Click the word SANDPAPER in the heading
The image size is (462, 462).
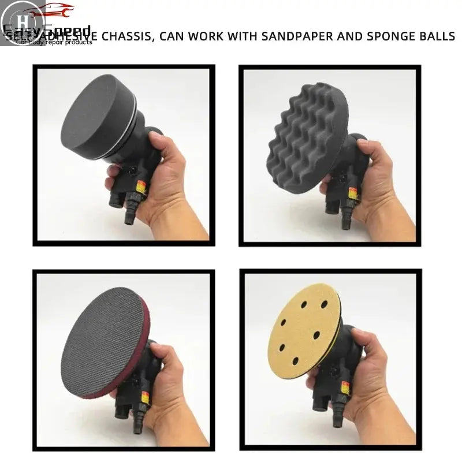pyautogui.click(x=295, y=37)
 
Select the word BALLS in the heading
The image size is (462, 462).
pyautogui.click(x=435, y=37)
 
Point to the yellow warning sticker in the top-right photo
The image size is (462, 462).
pyautogui.click(x=353, y=192)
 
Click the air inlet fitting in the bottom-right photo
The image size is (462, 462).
pyautogui.click(x=337, y=419)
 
